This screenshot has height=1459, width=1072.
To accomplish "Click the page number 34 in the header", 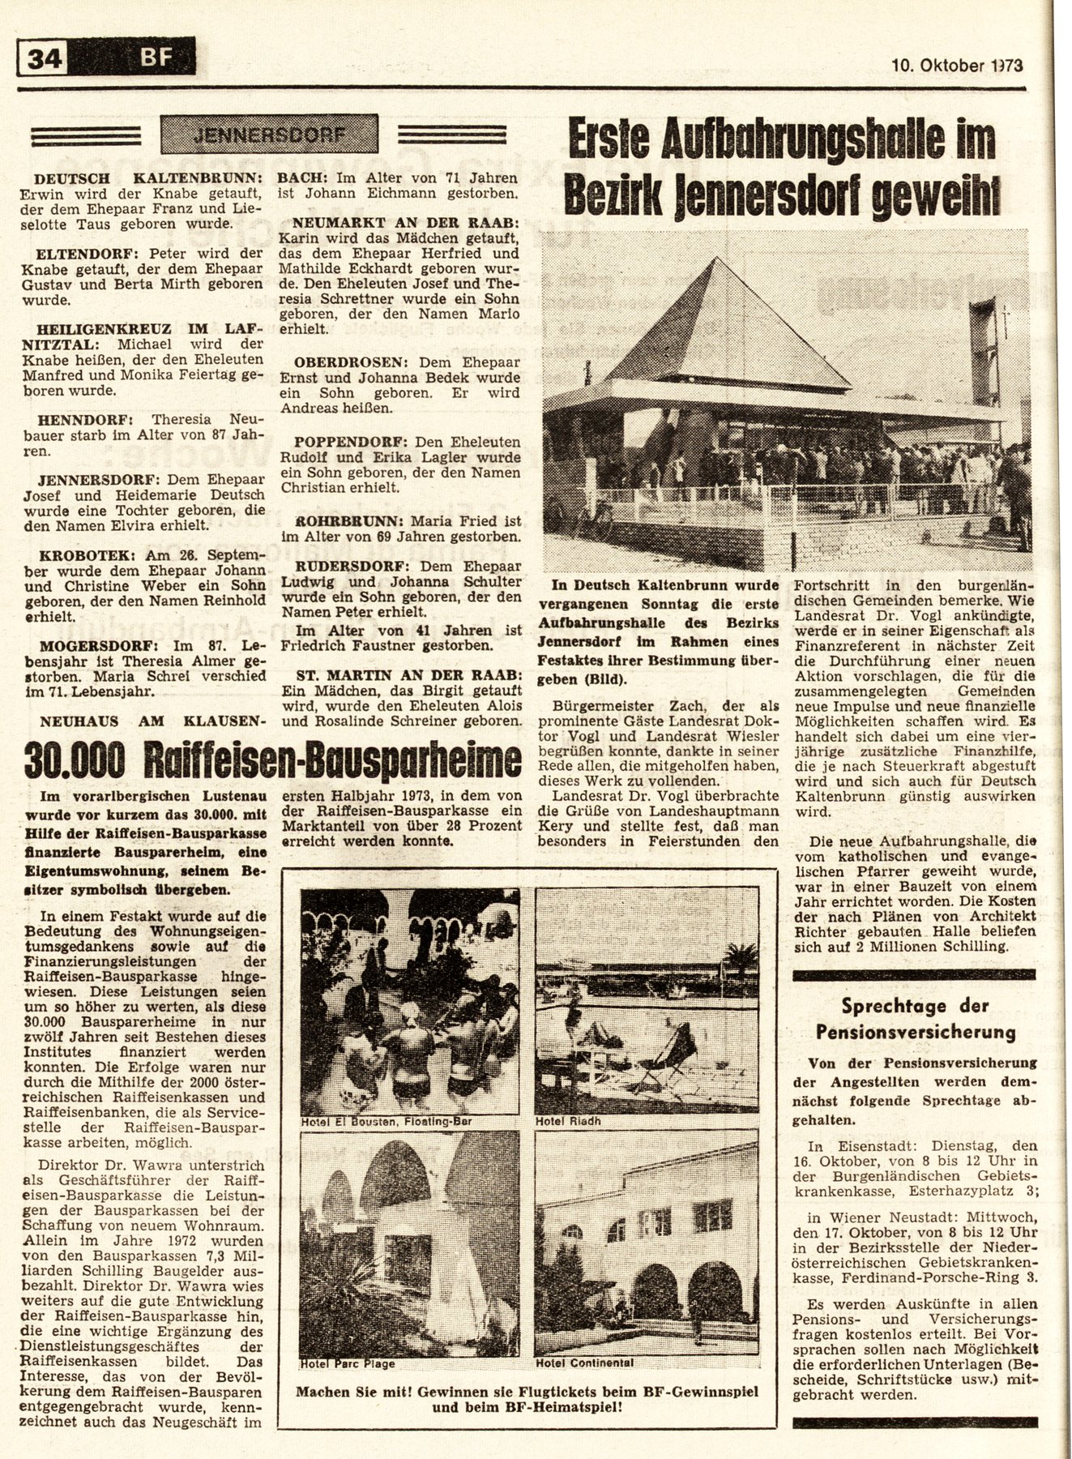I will [47, 59].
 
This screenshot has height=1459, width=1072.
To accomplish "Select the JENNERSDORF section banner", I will [268, 135].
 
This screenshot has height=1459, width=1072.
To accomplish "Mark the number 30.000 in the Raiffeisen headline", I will [74, 760].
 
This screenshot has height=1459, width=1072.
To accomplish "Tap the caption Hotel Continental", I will [585, 1363].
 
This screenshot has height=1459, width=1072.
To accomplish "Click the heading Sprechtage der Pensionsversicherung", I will [915, 1019].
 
